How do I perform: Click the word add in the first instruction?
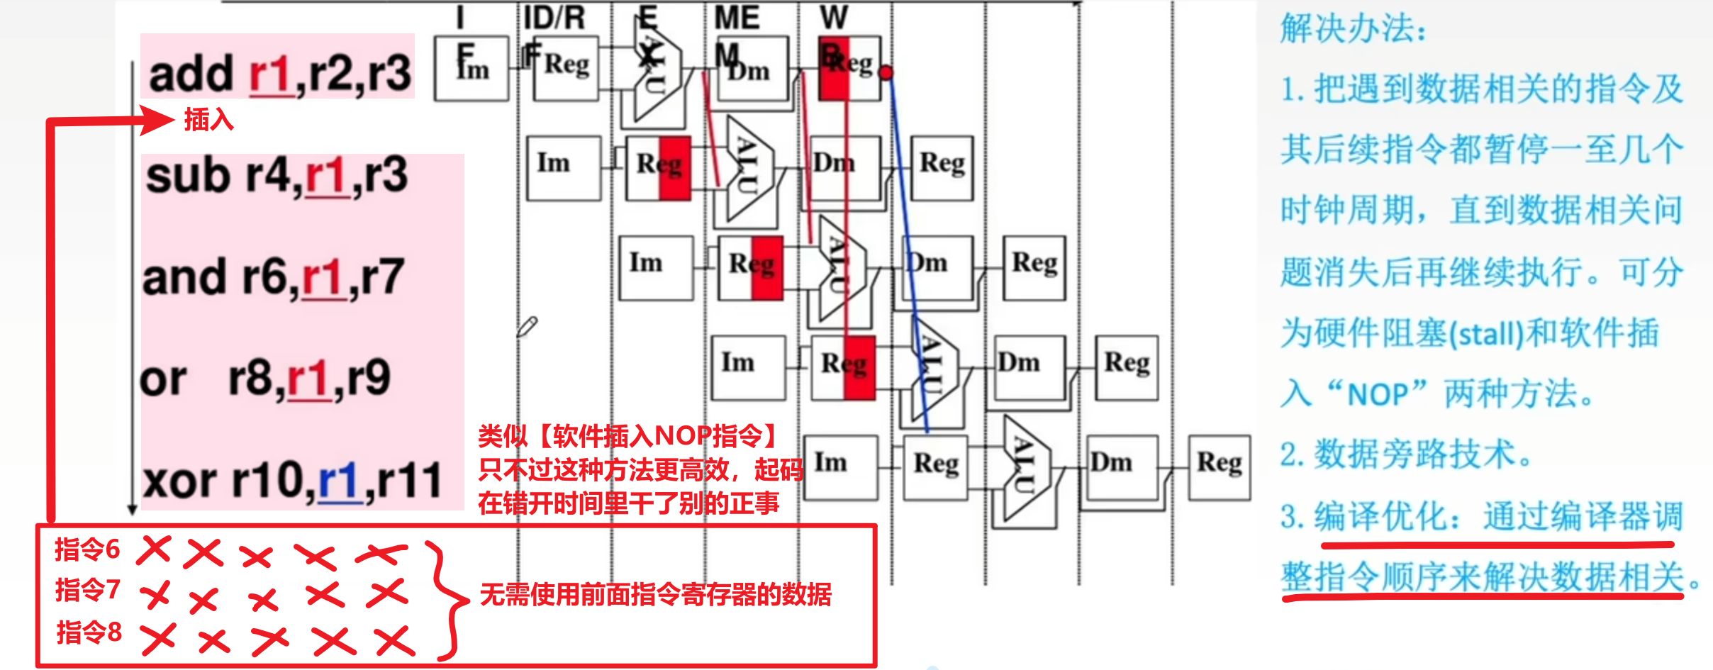[x=191, y=74]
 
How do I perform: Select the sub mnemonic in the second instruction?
[x=188, y=175]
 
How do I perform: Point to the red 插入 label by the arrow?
[x=208, y=119]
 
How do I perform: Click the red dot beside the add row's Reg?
[x=886, y=72]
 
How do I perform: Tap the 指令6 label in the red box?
[x=87, y=549]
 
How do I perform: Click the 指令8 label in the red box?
[x=89, y=632]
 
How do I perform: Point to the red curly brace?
[x=447, y=599]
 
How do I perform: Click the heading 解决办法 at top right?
[x=1353, y=29]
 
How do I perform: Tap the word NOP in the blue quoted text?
[x=1377, y=394]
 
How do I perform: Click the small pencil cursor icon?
[x=527, y=326]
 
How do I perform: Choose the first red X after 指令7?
[x=155, y=595]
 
